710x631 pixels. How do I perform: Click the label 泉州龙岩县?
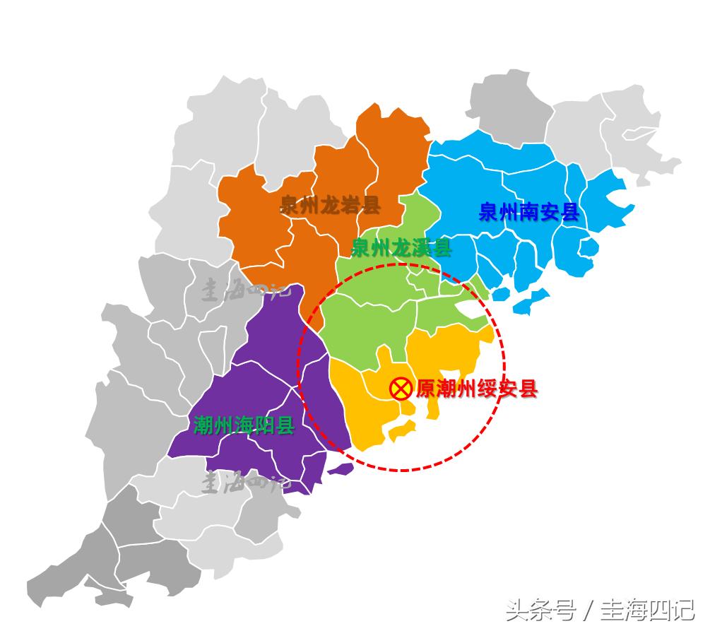point(330,206)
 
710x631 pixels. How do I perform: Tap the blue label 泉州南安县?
point(528,212)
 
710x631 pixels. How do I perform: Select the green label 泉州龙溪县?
point(401,248)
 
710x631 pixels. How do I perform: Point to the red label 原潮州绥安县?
point(477,389)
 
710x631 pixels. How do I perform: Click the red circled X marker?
point(401,388)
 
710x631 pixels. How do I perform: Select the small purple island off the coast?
point(341,468)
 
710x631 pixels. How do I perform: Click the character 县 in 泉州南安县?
point(569,212)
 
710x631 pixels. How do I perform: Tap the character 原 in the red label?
point(425,389)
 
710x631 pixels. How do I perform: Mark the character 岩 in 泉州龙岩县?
point(350,206)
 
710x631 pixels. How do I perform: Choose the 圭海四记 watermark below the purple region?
point(244,483)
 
